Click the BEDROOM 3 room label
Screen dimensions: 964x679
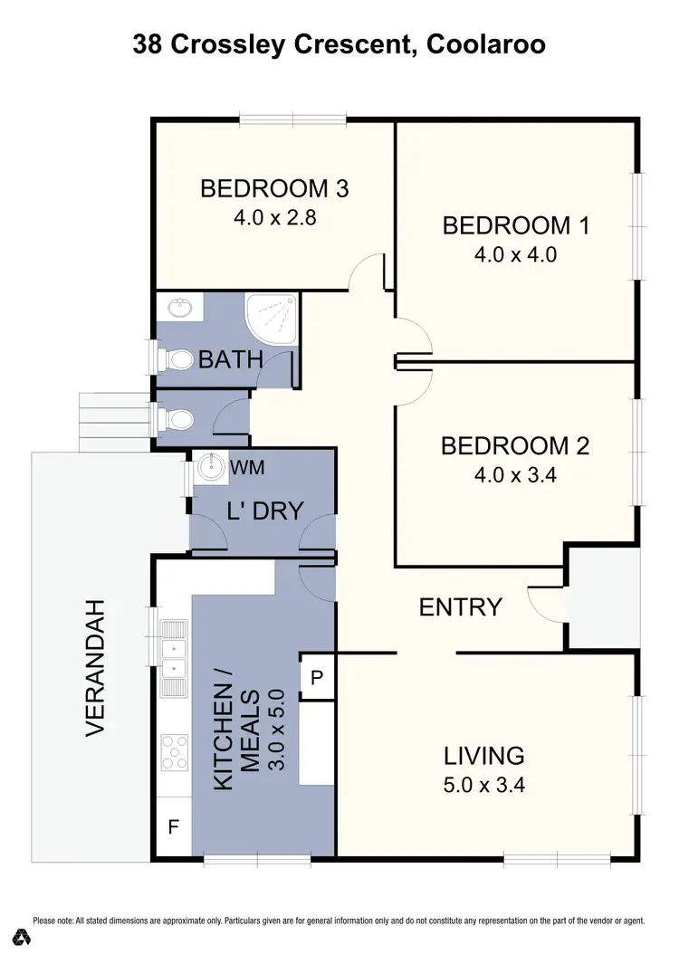[x=274, y=189]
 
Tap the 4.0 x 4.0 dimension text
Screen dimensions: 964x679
[x=515, y=254]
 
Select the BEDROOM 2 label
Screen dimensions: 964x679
[x=515, y=445]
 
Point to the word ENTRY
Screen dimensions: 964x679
[x=461, y=606]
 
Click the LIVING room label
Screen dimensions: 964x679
[x=484, y=755]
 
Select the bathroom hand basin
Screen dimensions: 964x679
[x=181, y=309]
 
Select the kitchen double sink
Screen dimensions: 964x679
[x=174, y=658]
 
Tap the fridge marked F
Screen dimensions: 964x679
[x=173, y=825]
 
